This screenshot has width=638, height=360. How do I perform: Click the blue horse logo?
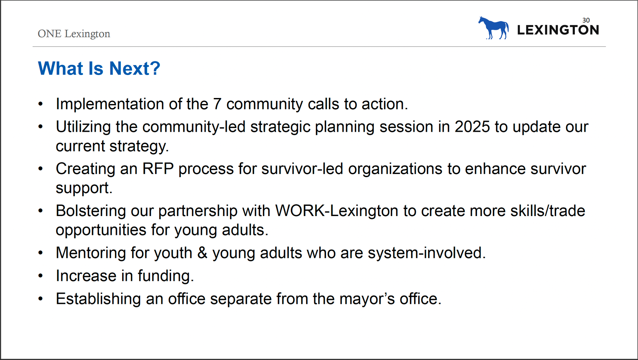(493, 28)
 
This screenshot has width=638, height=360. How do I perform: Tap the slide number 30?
(586, 20)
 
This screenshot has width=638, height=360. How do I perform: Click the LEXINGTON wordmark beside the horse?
(558, 30)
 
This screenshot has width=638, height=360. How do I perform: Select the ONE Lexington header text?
(74, 34)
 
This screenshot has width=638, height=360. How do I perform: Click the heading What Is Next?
(99, 68)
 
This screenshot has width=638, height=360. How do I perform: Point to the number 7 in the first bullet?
(217, 104)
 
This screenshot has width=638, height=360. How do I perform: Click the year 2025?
(472, 127)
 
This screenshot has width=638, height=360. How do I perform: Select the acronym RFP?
(158, 169)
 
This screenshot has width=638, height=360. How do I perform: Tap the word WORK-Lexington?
(337, 211)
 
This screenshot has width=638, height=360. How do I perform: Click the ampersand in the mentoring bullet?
(202, 253)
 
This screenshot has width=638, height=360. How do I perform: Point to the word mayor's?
(367, 299)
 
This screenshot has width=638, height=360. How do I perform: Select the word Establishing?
(98, 299)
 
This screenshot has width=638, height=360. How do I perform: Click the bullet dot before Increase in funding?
(40, 276)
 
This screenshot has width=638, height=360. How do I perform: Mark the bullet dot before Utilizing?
(40, 127)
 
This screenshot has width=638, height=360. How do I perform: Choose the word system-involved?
(427, 253)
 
